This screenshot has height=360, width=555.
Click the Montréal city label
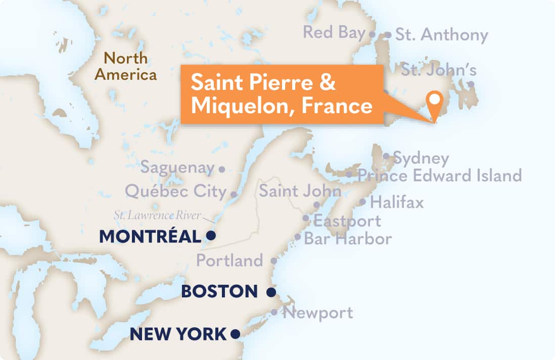point(150,236)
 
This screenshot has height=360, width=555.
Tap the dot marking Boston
point(271,292)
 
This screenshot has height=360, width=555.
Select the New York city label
point(178,334)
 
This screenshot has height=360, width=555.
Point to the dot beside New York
point(235,334)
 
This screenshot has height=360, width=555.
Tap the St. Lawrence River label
point(157,216)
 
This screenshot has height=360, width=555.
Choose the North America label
point(126,67)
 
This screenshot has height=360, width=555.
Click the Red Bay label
point(334,32)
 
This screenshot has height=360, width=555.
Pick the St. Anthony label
point(441,35)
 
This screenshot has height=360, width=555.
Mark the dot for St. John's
point(471,84)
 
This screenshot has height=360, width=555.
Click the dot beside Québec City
point(234,194)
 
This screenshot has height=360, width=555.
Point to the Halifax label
point(397,202)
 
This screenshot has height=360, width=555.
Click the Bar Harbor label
point(348,238)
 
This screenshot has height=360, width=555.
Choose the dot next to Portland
point(273,261)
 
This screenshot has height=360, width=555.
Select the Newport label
point(318,312)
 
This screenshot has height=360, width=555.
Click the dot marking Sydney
point(386,156)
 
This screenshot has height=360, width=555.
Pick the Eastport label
point(347,220)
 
